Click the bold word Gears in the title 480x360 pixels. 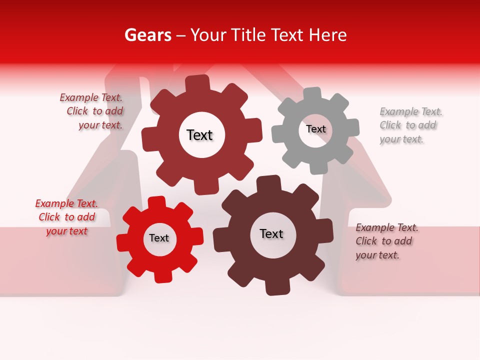tap(147, 35)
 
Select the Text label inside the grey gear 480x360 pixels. tap(315, 129)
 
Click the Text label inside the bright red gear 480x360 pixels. tap(159, 238)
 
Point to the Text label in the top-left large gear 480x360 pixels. tap(199, 135)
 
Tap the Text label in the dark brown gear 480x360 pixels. tap(271, 233)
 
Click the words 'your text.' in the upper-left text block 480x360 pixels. tap(100, 125)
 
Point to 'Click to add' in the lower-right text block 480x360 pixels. tap(383, 241)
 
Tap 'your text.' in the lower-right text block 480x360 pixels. tap(377, 255)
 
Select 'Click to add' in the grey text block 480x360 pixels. tap(407, 125)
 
